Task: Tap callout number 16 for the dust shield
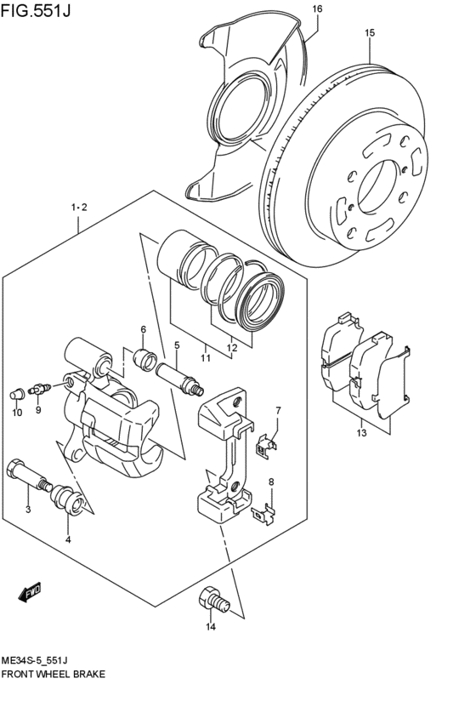tap(317, 9)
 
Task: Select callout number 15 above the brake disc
tap(370, 33)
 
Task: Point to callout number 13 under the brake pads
tap(361, 433)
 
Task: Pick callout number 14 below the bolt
tap(210, 628)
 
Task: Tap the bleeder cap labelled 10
tap(15, 393)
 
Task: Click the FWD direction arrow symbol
tap(30, 591)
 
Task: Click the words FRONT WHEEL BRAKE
tap(54, 673)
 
